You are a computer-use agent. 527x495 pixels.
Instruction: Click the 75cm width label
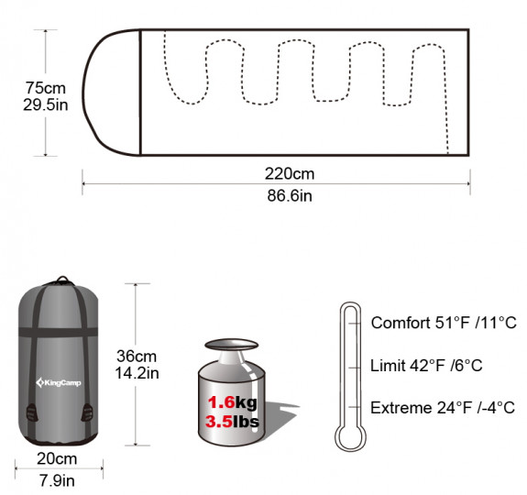click(46, 88)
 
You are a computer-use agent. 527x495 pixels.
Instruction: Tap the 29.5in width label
click(46, 104)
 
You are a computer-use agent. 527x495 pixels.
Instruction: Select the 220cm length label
click(290, 174)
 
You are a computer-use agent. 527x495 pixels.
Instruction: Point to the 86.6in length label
click(290, 195)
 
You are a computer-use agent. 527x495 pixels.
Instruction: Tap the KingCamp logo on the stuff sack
click(59, 382)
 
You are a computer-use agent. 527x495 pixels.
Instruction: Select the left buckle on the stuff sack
click(32, 412)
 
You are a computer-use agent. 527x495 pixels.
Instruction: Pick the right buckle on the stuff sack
click(87, 412)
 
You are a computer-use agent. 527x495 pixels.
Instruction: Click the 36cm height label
click(137, 357)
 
